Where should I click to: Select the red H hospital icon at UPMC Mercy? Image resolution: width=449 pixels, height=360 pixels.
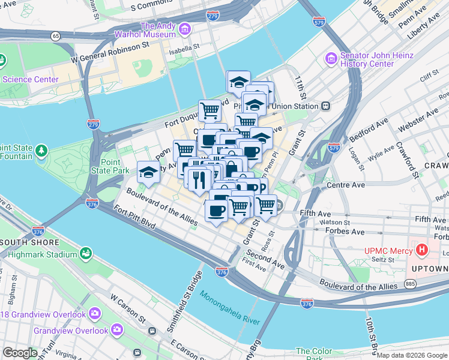coord(423,249)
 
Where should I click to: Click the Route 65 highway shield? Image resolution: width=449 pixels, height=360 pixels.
coord(56,36)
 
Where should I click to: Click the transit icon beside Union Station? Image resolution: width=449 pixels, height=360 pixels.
coord(325,106)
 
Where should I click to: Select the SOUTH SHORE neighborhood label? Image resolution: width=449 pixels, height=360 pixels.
coord(30,242)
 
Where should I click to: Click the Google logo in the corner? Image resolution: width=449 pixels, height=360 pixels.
coord(20,352)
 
